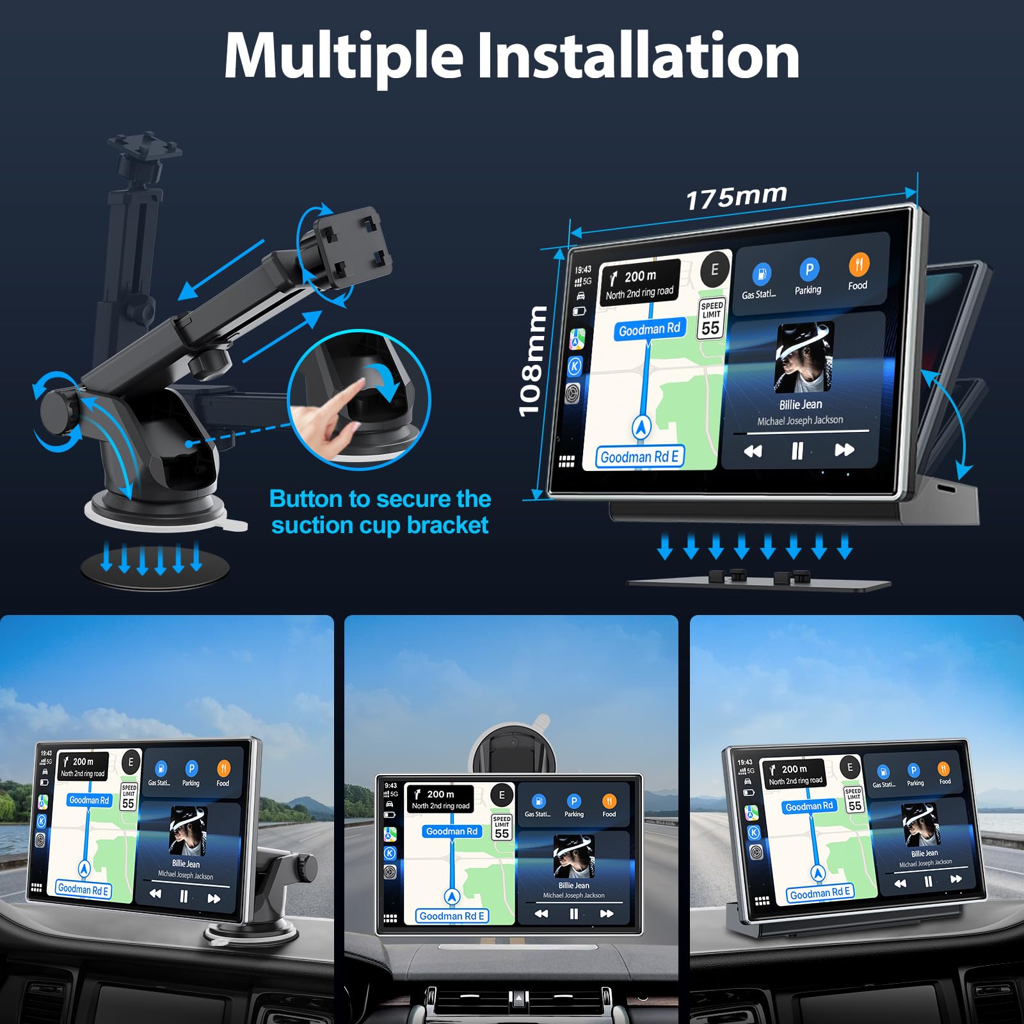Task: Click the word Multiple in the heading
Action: click(344, 56)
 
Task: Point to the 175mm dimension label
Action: click(736, 196)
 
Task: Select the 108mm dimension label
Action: click(532, 362)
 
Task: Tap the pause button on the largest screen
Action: click(797, 451)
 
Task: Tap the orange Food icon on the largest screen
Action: click(858, 265)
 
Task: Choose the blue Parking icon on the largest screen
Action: click(809, 269)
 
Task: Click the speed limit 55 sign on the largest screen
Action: click(711, 319)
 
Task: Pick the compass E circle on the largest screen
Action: click(715, 269)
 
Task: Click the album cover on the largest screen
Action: click(804, 356)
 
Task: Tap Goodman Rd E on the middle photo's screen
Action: click(452, 916)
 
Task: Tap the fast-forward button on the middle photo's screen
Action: click(607, 913)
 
